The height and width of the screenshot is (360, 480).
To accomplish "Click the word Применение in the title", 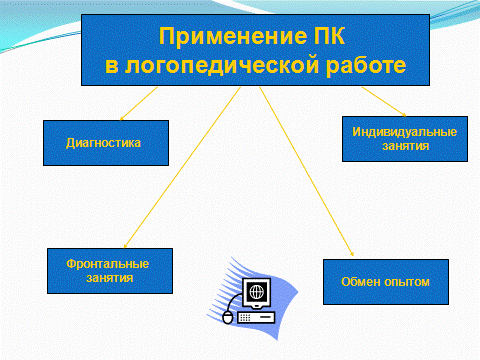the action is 233,36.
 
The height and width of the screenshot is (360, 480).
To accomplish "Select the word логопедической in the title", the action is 222,66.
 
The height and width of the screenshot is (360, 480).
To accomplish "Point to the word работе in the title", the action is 366,65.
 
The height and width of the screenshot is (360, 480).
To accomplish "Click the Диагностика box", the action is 106,143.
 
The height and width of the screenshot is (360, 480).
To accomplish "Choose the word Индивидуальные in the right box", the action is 404,132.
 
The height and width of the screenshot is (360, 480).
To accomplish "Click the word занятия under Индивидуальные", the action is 405,146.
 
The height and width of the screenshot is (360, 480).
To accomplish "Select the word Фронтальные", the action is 107,264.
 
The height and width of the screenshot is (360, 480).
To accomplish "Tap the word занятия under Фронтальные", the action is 110,278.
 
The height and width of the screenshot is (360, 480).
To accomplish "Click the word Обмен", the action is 361,282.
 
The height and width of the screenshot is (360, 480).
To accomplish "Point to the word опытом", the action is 406,282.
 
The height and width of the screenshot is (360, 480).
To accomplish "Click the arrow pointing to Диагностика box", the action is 138,104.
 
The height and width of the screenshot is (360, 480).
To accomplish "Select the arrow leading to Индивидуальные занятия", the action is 384,102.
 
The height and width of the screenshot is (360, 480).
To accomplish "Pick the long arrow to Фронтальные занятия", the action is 182,168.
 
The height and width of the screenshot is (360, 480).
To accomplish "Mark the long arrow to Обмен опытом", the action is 307,171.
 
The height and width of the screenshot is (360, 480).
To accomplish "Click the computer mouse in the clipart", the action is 228,317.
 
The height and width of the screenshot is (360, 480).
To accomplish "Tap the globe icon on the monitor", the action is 257,292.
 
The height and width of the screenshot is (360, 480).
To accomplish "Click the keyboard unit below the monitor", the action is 256,318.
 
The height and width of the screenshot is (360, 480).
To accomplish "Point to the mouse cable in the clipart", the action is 235,302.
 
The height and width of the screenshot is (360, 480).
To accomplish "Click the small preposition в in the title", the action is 112,66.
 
